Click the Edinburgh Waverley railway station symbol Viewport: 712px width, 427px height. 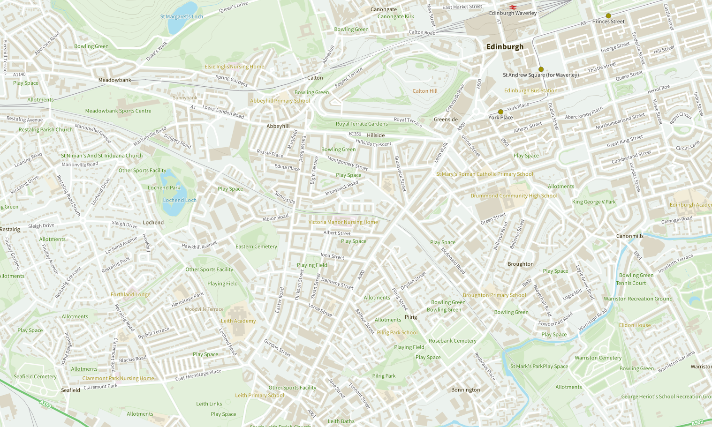coord(513,7)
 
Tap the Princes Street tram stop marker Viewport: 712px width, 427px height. coord(608,15)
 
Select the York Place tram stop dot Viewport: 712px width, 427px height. coord(500,112)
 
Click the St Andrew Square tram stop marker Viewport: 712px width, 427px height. coord(541,69)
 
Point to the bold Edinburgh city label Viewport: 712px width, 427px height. coord(505,47)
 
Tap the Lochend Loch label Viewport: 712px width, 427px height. coord(180,200)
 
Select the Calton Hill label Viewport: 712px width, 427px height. coord(425,91)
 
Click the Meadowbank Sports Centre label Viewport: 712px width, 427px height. coord(118,111)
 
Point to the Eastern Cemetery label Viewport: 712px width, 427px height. coord(256,247)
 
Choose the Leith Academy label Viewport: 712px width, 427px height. coord(238,321)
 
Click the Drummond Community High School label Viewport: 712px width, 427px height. coord(514,196)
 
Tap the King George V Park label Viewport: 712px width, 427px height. coord(594,202)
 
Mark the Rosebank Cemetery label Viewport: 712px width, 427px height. coord(452,341)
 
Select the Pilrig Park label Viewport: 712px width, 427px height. coord(384,376)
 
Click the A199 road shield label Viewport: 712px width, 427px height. coord(45,404)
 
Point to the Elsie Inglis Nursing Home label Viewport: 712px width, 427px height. coord(235,67)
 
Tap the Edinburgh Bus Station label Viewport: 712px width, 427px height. coord(530,90)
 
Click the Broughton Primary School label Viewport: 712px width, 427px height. coord(494,295)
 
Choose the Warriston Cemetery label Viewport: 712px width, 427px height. coord(598,358)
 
